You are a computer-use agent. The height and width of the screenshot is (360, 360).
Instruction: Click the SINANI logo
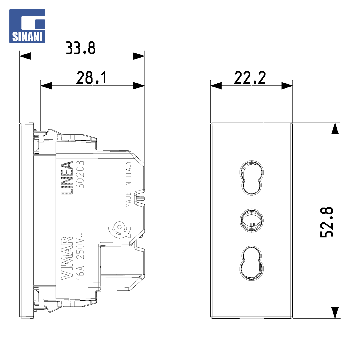[27, 26]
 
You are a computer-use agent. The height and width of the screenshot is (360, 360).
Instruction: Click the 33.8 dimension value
[80, 48]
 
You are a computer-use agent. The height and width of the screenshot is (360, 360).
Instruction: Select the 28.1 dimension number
[91, 78]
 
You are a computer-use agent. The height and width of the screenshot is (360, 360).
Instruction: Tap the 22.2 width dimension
[250, 78]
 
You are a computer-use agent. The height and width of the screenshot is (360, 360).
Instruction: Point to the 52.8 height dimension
[327, 222]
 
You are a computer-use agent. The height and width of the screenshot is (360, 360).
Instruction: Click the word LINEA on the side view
[67, 178]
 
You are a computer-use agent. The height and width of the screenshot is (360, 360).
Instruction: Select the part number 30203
[80, 174]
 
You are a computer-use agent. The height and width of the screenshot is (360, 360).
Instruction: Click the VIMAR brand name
[67, 258]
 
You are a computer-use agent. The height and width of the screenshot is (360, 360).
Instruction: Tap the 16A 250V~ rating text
[80, 256]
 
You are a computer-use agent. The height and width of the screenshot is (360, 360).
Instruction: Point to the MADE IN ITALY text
[128, 184]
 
